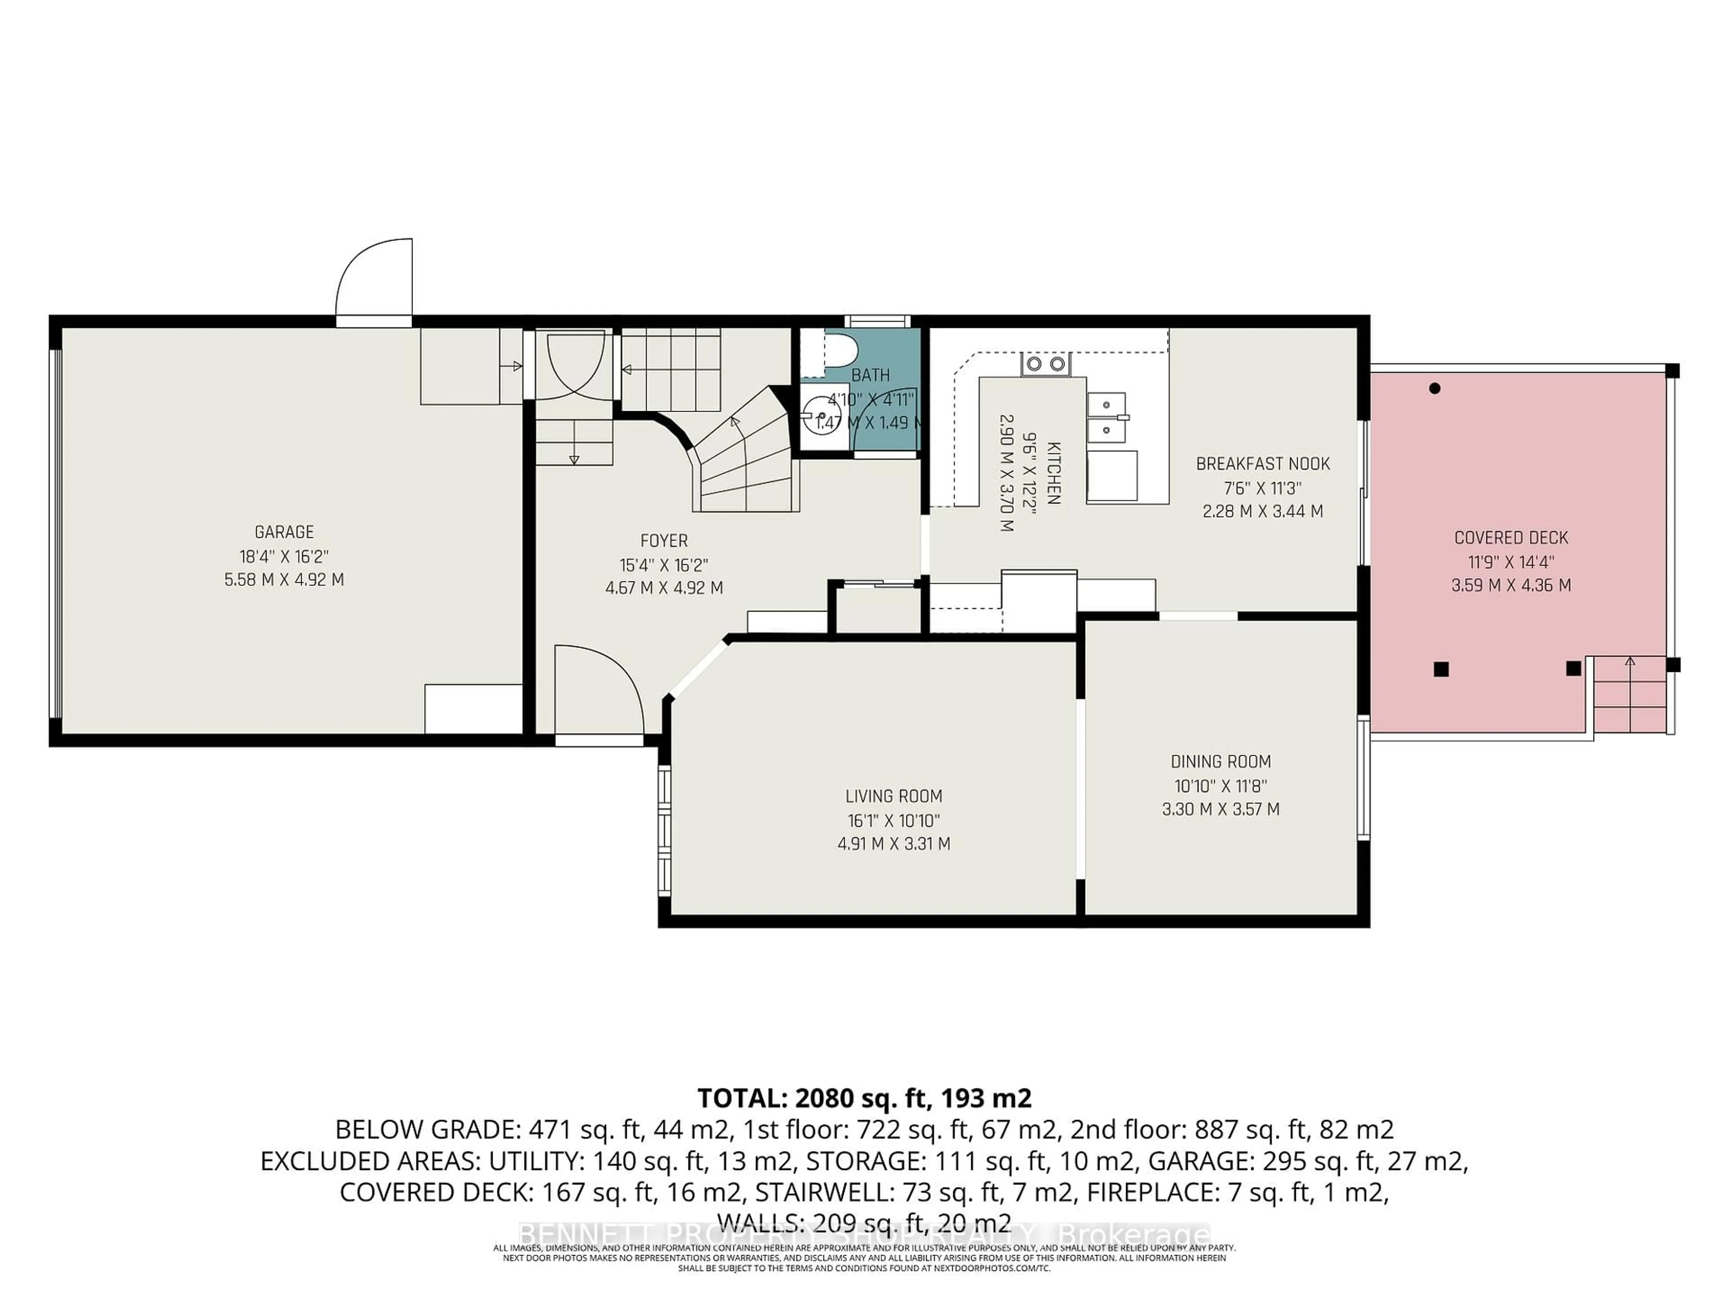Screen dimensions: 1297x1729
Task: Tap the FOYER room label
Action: pyautogui.click(x=664, y=541)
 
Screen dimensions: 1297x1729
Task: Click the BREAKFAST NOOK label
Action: pyautogui.click(x=1263, y=463)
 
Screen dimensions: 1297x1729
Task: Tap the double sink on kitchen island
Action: pyautogui.click(x=1105, y=417)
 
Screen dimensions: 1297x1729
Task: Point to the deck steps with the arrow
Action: pyautogui.click(x=1630, y=692)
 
